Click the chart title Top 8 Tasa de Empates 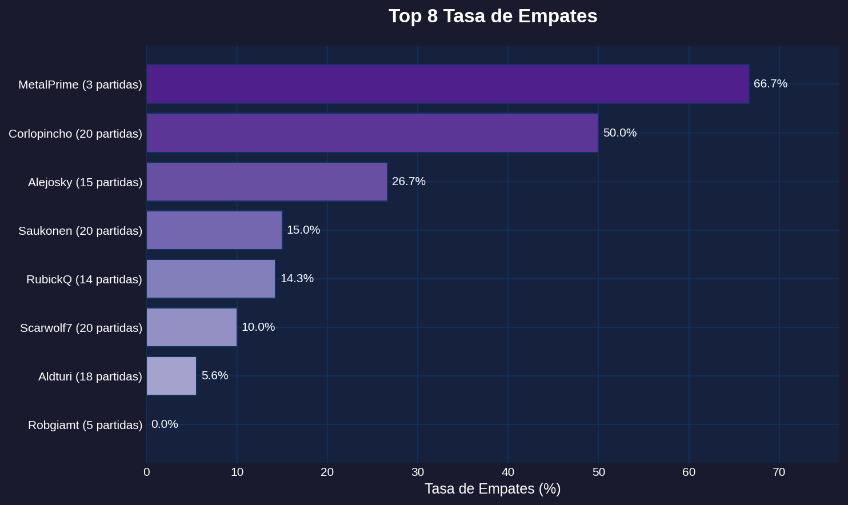point(493,16)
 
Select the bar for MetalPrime point(447,84)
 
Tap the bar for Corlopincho point(372,133)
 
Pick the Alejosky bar point(267,182)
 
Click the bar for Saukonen point(214,230)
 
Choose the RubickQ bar point(211,279)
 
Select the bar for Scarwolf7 point(191,327)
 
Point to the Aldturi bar point(171,376)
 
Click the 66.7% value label point(770,84)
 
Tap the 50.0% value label point(619,133)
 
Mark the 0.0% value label point(165,424)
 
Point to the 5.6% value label point(215,376)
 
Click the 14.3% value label point(297,279)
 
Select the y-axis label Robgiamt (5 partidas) point(85,425)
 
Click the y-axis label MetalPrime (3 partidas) point(80,85)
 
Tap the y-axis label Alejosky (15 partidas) point(85,182)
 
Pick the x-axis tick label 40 point(508,472)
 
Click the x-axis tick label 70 point(779,472)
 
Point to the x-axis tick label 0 point(147,472)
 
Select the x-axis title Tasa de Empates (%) point(493,489)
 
